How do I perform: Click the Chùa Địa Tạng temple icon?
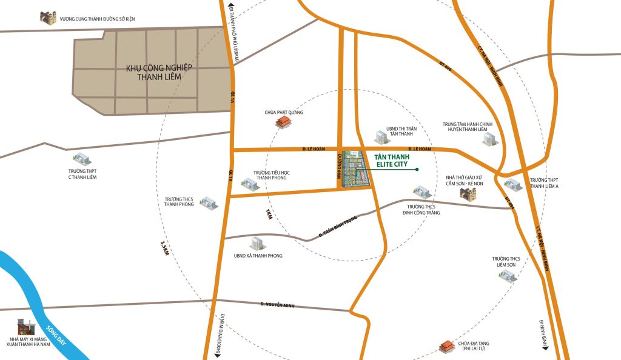[x=446, y=347]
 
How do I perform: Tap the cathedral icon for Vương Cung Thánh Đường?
[x=47, y=18]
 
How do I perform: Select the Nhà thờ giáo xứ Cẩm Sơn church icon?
[x=467, y=195]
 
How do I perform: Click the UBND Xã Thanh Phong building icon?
[x=258, y=244]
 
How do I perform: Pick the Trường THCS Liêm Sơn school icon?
[x=506, y=276]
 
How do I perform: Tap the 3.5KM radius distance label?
[x=164, y=248]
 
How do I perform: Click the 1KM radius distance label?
[x=268, y=215]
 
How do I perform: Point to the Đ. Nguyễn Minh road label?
[x=277, y=304]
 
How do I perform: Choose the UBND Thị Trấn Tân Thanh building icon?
[x=380, y=137]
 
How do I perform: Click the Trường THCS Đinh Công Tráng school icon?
[x=422, y=193]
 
